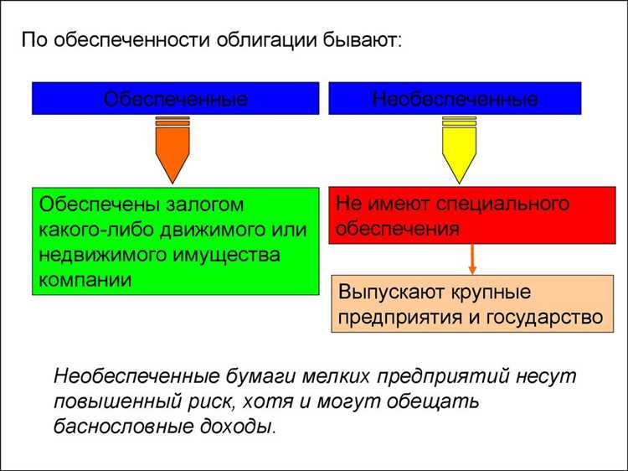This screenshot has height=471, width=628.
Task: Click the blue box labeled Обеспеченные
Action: pyautogui.click(x=175, y=98)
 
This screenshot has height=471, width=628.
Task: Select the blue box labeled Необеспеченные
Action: pyautogui.click(x=455, y=98)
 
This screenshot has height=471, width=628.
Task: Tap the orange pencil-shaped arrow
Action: pyautogui.click(x=172, y=149)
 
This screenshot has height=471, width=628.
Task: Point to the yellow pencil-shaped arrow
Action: pyautogui.click(x=458, y=149)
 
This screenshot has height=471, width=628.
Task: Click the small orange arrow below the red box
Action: pyautogui.click(x=472, y=259)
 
